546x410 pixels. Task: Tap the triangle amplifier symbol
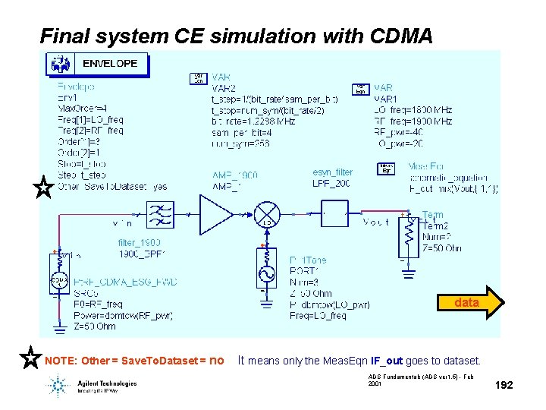point(215,213)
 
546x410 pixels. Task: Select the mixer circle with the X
point(266,213)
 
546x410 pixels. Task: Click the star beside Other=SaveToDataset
point(44,188)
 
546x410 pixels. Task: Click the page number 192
point(504,386)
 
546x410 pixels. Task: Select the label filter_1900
point(139,242)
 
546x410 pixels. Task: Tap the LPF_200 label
point(332,183)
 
